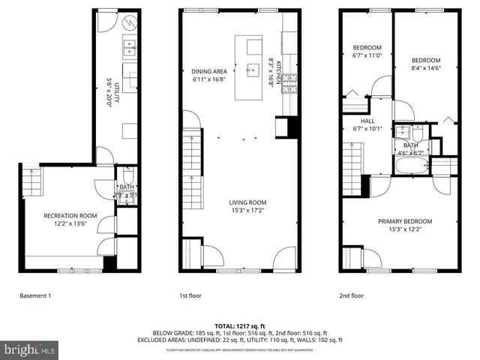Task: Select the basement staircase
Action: [x=31, y=182]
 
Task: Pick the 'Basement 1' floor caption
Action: [x=34, y=297]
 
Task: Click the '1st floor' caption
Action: [x=190, y=297]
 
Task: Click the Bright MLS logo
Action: [x=30, y=349]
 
